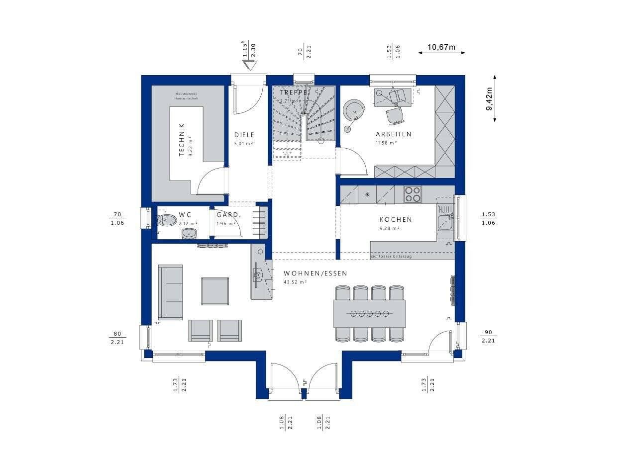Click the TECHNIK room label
(x=182, y=141)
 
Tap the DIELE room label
(x=244, y=135)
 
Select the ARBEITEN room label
(x=393, y=134)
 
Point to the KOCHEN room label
(x=396, y=219)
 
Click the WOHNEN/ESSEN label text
(x=315, y=273)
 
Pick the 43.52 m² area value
(x=295, y=282)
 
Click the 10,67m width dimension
(x=441, y=47)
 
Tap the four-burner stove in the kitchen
(x=412, y=194)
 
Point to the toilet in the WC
(x=166, y=220)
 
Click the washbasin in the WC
(x=189, y=233)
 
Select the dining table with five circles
(x=369, y=313)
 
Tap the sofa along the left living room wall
(x=170, y=292)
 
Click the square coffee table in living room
(x=215, y=291)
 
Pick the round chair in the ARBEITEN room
(x=354, y=109)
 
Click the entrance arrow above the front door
(x=249, y=65)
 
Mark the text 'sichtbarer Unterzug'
(x=391, y=256)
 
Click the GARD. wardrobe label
(x=228, y=215)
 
